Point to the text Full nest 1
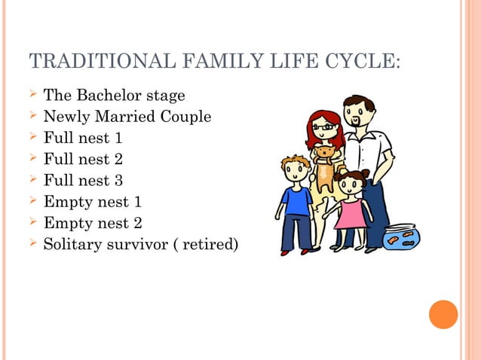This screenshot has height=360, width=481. click(x=82, y=139)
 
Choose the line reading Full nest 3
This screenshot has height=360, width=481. click(x=82, y=181)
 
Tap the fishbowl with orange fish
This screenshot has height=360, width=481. click(x=400, y=236)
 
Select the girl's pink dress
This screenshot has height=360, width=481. click(x=350, y=213)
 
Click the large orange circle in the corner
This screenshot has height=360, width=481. click(x=443, y=314)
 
